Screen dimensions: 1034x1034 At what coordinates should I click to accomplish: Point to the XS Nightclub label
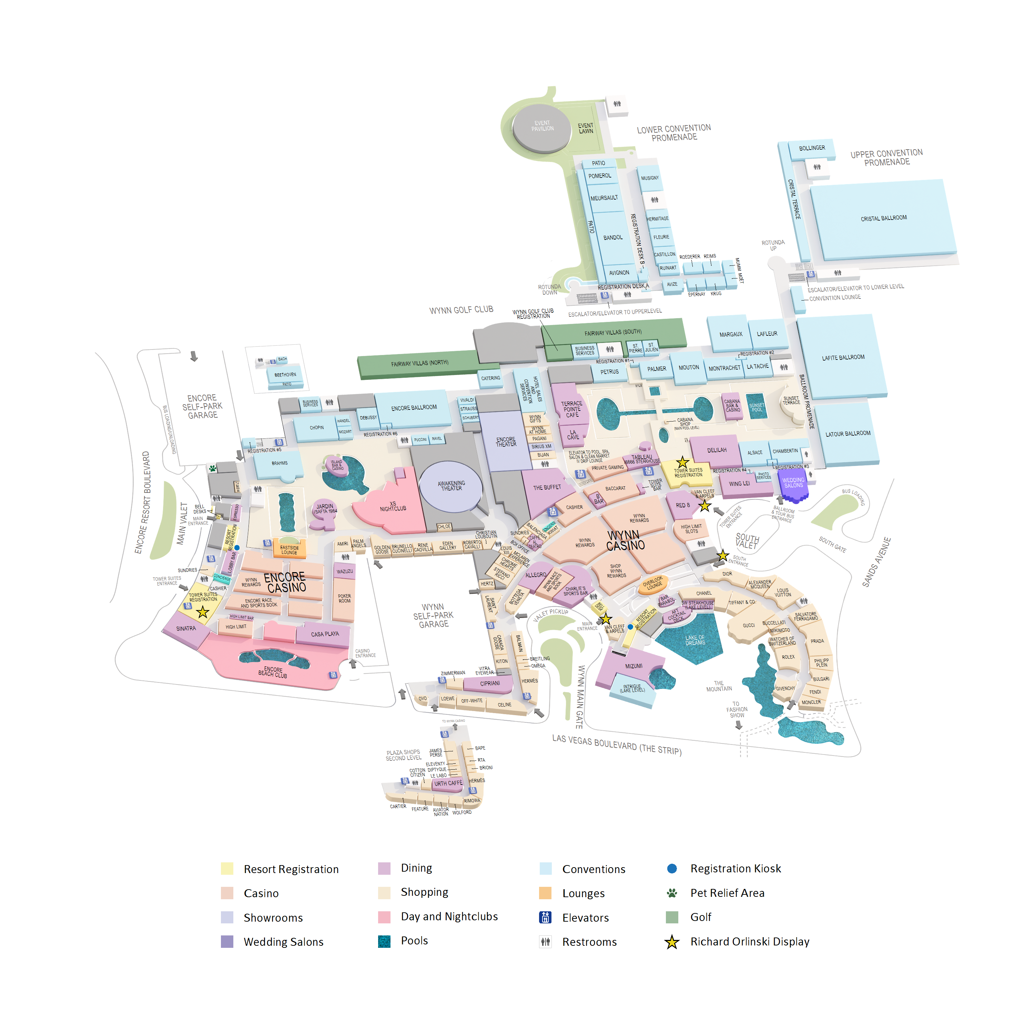pyautogui.click(x=393, y=506)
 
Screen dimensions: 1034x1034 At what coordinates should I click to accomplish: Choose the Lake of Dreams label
pyautogui.click(x=695, y=640)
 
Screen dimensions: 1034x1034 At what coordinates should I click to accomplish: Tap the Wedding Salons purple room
pyautogui.click(x=793, y=483)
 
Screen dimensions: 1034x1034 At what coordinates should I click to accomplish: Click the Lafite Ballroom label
pyautogui.click(x=843, y=357)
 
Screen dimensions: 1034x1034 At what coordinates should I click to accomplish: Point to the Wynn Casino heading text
pyautogui.click(x=625, y=540)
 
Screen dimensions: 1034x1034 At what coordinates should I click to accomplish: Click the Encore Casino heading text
pyautogui.click(x=285, y=582)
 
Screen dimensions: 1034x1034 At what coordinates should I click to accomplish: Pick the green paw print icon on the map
pyautogui.click(x=212, y=468)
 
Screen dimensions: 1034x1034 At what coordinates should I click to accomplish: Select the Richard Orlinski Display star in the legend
pyautogui.click(x=672, y=942)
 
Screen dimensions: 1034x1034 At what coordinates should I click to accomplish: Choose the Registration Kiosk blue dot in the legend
pyautogui.click(x=672, y=869)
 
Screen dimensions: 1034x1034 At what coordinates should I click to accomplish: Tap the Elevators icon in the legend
pyautogui.click(x=545, y=917)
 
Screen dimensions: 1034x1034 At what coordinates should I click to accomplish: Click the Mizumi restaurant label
pyautogui.click(x=634, y=666)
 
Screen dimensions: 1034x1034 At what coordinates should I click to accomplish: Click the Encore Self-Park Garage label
pyautogui.click(x=202, y=407)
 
